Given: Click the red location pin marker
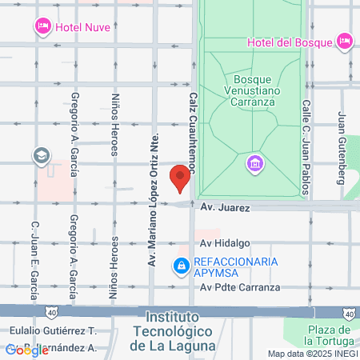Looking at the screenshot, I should (x=181, y=178).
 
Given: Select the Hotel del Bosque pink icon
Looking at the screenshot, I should (x=345, y=40).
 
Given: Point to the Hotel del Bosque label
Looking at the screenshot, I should (x=290, y=42).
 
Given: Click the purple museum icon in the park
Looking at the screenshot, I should (x=254, y=163).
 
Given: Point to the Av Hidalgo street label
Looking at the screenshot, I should (x=226, y=243).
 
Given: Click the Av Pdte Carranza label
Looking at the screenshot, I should (x=241, y=287).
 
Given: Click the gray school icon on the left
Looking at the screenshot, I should (x=41, y=155).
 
